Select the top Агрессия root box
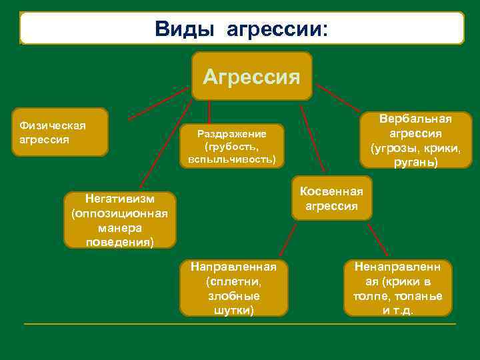pos(251,76)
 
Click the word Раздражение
pos(232,133)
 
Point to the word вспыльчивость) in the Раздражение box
pos(232,160)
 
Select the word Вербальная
pos(415,118)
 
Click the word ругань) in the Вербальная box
pos(415,162)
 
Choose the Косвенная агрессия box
pos(331,199)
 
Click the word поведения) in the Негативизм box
pos(120,241)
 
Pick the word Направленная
pos(233,267)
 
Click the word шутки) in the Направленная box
pos(233,309)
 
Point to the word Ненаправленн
pos(397,267)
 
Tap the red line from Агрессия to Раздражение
pos(209,112)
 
